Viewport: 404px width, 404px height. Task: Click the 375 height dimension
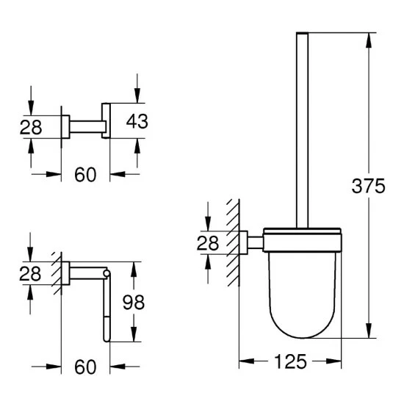tap(368, 186)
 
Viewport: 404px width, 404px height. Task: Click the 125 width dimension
tap(290, 361)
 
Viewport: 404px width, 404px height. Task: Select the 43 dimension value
tap(137, 121)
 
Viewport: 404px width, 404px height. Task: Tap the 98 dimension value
tap(134, 302)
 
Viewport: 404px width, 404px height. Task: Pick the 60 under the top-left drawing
tap(85, 174)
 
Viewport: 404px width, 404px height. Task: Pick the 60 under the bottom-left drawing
tap(85, 367)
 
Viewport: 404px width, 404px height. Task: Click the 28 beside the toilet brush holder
tap(208, 243)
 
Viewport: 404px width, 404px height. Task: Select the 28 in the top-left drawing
tap(31, 127)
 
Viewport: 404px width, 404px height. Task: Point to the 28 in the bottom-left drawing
tap(30, 273)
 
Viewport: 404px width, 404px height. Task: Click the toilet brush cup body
tap(303, 295)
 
